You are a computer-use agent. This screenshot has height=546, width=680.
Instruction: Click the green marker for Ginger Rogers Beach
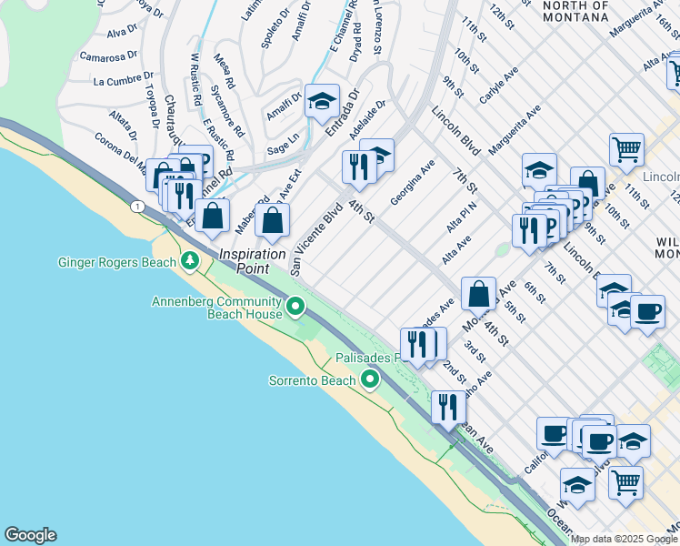[190, 262]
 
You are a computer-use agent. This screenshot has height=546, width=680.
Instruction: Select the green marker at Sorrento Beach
[369, 379]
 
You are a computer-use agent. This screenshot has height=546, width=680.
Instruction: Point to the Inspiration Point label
[253, 261]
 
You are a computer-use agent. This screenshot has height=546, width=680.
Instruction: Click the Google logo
[30, 535]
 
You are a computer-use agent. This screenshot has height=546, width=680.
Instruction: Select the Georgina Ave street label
[414, 181]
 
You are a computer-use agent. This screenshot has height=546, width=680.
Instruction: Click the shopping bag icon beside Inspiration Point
[272, 219]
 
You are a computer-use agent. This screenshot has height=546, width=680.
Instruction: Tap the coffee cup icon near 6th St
[647, 311]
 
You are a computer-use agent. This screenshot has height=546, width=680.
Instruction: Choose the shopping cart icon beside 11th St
[627, 149]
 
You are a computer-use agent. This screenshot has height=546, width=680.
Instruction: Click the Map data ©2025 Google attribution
[625, 539]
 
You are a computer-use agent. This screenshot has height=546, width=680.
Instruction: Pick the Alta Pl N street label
[462, 217]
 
